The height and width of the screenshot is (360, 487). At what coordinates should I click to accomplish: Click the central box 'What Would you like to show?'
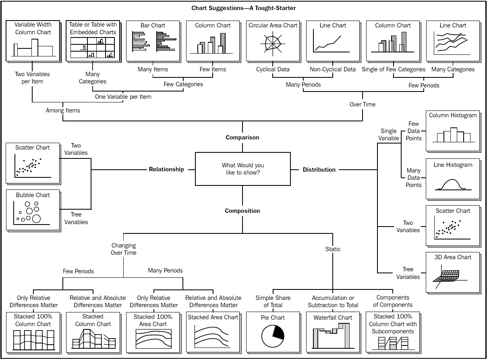tap(242, 169)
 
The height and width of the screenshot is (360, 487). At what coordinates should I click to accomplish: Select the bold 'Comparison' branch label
tap(242, 137)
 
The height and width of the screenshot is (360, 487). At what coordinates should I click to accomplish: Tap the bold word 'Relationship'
tap(166, 169)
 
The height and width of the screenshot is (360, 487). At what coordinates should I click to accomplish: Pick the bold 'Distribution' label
tap(319, 170)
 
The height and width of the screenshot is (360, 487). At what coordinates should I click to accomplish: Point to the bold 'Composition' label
tap(242, 211)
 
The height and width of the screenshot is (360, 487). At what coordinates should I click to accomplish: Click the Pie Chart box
tap(273, 332)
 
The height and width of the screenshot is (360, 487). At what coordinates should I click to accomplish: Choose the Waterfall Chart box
tap(333, 332)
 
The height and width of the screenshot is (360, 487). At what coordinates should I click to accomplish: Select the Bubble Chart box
tap(33, 210)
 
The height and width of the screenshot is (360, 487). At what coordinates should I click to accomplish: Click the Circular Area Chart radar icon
tap(273, 44)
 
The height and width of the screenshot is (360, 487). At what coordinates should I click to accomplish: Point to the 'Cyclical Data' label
tap(273, 69)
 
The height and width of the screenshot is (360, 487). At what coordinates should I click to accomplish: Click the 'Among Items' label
tap(63, 110)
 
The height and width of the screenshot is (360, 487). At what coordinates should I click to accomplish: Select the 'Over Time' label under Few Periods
tap(363, 104)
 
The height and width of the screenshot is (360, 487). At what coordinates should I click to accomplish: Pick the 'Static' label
tap(333, 249)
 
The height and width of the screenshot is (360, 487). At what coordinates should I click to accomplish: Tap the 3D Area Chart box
tap(453, 272)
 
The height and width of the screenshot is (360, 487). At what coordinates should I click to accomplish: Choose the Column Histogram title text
tap(453, 115)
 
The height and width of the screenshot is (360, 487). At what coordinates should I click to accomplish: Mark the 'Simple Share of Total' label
tap(273, 301)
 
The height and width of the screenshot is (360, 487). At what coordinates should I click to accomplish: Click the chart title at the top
tap(243, 8)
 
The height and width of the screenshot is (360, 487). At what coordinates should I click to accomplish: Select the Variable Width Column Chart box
tap(33, 41)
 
